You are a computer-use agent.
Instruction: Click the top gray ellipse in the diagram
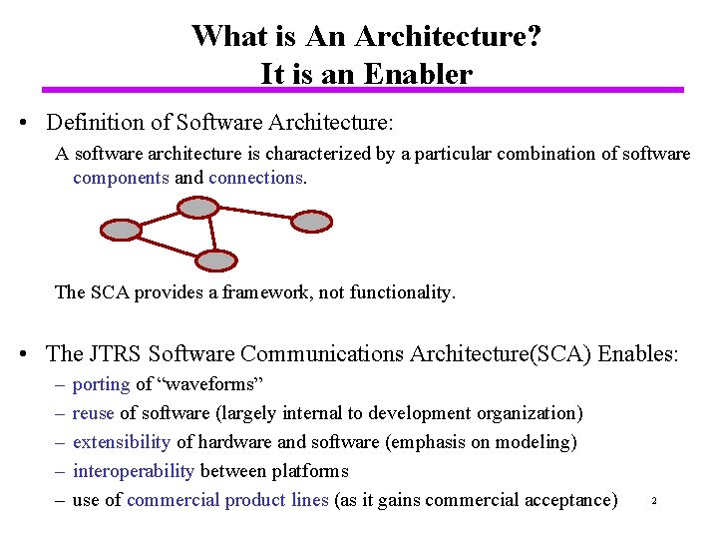pos(199,208)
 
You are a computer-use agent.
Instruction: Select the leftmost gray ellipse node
pos(123,230)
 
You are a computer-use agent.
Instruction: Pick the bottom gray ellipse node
pos(214,261)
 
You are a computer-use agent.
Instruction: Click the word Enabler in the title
pos(419,74)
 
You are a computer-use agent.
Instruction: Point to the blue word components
pos(121,178)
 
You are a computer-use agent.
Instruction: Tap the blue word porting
pos(102,384)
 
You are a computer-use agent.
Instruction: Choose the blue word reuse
pos(94,413)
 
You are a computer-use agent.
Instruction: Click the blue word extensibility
pos(122,442)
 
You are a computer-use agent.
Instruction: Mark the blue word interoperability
pos(135,470)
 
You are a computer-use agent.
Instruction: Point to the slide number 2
pos(653,500)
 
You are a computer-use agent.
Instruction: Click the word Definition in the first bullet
pos(95,123)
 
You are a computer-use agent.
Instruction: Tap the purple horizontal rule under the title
pos(359,90)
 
